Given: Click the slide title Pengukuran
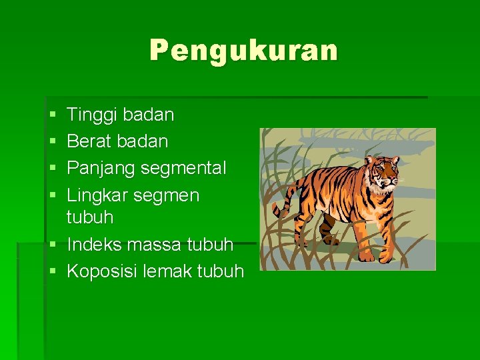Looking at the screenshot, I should tap(243, 51).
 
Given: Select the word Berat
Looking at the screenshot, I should tap(89, 141).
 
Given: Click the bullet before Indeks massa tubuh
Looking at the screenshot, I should tap(53, 245).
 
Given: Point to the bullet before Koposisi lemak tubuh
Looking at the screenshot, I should tap(53, 272).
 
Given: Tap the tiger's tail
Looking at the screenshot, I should tap(275, 200).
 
